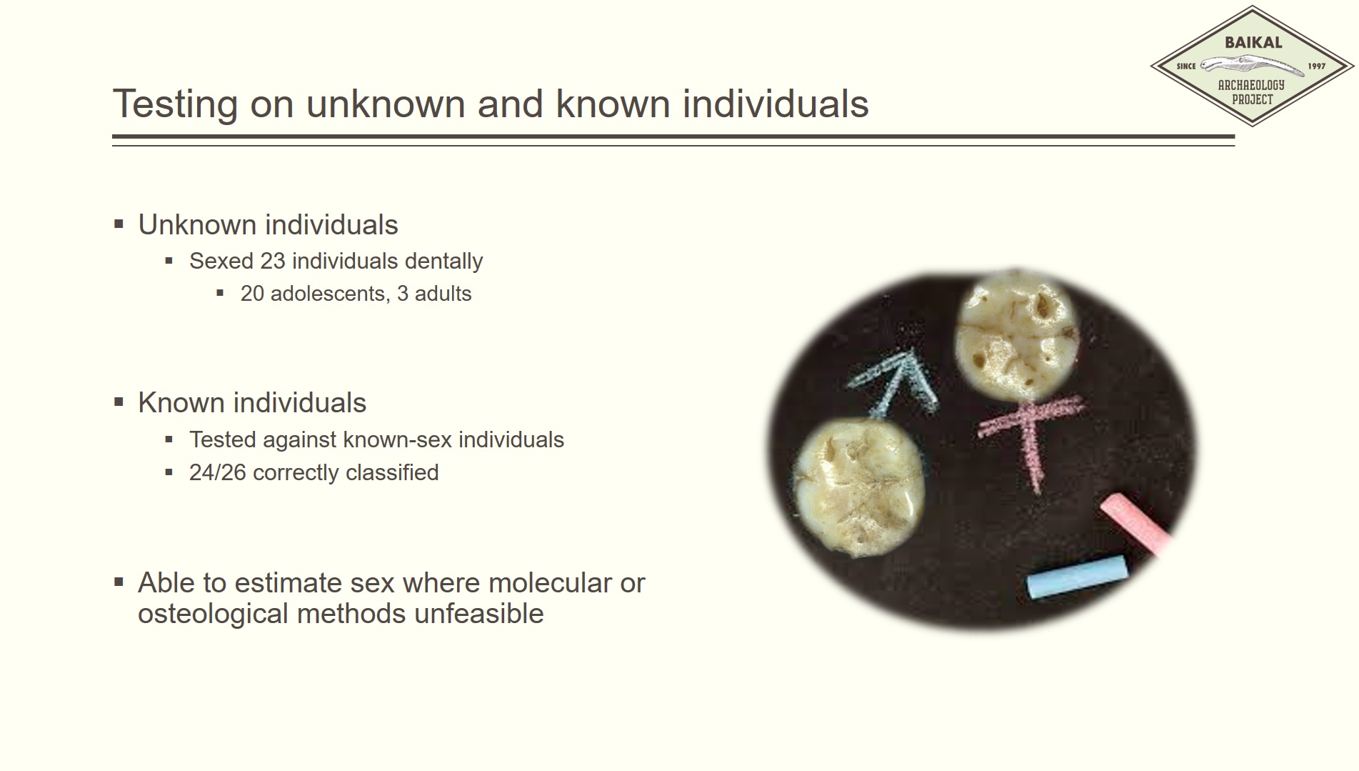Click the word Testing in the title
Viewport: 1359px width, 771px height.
click(175, 104)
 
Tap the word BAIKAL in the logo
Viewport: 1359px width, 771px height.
click(1253, 42)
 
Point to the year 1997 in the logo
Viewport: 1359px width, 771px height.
click(1316, 66)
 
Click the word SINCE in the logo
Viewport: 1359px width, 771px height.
click(1186, 66)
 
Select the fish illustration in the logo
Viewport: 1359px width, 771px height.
click(1252, 66)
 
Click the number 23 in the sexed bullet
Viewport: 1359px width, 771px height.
click(272, 261)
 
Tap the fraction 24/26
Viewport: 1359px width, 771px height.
click(218, 472)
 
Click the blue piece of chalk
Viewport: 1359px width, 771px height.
click(1078, 577)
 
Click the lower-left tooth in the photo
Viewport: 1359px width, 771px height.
click(860, 488)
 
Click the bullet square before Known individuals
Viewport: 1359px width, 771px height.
click(119, 402)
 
